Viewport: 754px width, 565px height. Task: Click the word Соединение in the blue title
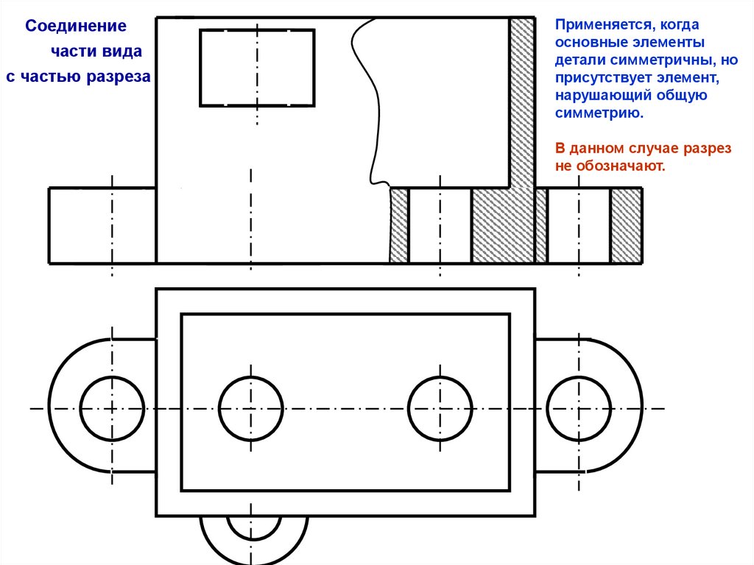pyautogui.click(x=76, y=27)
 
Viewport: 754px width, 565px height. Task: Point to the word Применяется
pyautogui.click(x=597, y=26)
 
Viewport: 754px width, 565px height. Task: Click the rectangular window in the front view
pyautogui.click(x=257, y=68)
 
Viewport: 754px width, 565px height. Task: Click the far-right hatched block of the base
pyautogui.click(x=626, y=225)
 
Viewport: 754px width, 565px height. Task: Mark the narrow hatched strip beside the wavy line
pyautogui.click(x=398, y=225)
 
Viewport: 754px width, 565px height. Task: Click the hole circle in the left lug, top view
pyautogui.click(x=112, y=408)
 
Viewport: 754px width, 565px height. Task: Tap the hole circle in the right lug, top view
pyautogui.click(x=579, y=408)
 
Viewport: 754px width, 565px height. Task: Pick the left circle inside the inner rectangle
pyautogui.click(x=250, y=408)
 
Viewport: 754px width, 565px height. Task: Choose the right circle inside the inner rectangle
pyautogui.click(x=440, y=408)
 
